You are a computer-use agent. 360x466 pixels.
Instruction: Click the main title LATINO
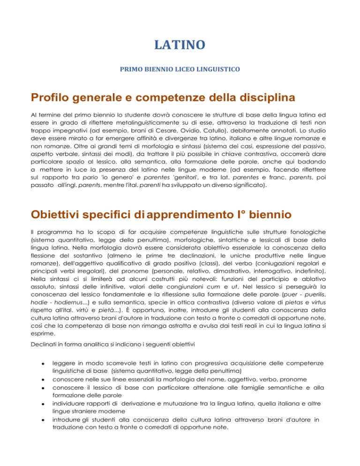pyautogui.click(x=180, y=45)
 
